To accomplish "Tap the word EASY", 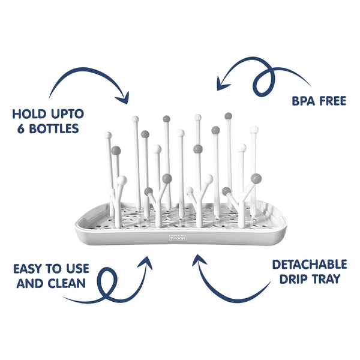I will (x=28, y=268).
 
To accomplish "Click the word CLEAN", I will (x=67, y=284).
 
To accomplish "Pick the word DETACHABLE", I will (x=310, y=265).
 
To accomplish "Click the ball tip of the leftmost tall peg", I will (x=108, y=136).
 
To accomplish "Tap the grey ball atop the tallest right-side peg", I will (x=228, y=116).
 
